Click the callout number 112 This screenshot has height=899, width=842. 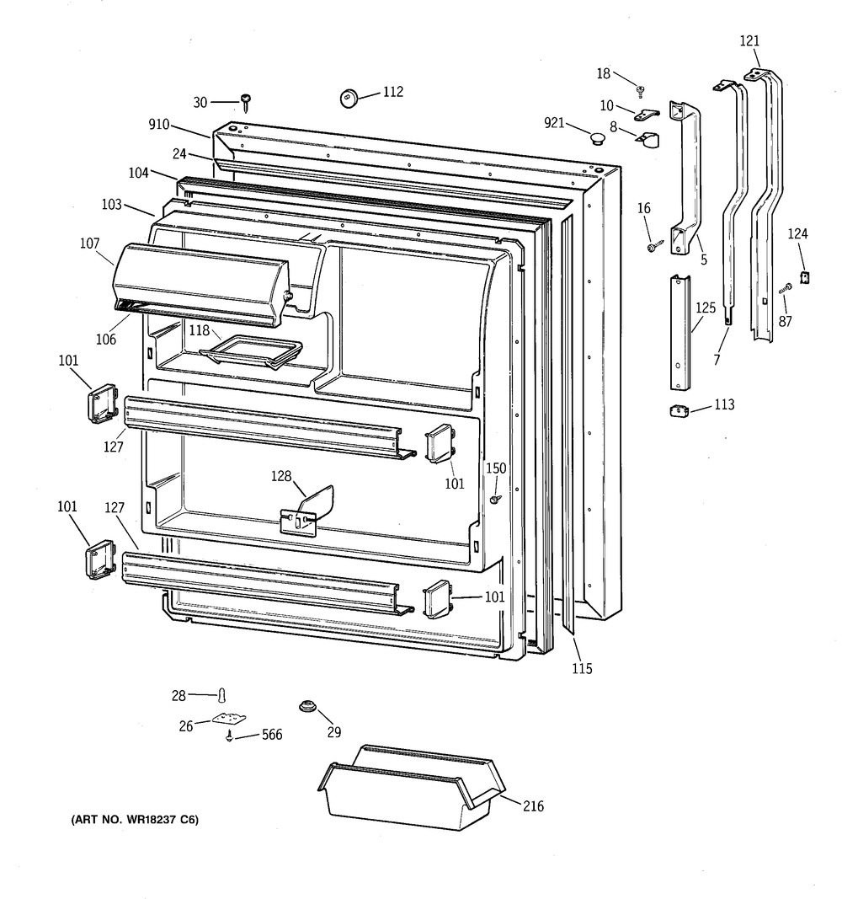[x=392, y=92]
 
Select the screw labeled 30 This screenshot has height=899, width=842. [x=246, y=104]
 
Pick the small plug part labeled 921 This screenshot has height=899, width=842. [x=598, y=138]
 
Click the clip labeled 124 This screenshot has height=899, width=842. [x=803, y=276]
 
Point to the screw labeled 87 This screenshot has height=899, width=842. [x=787, y=288]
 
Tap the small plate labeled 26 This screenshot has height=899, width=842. [x=227, y=719]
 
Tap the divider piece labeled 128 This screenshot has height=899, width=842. [x=308, y=511]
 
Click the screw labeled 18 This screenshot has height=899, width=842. [x=641, y=89]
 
